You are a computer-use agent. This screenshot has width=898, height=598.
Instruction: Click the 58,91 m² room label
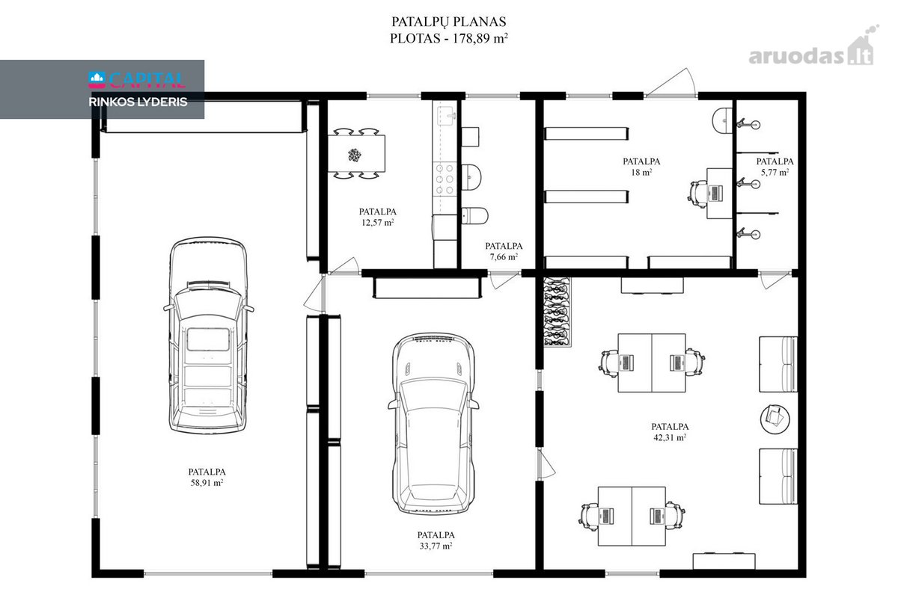pyautogui.click(x=207, y=478)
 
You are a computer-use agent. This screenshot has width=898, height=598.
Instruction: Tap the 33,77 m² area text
pyautogui.click(x=436, y=540)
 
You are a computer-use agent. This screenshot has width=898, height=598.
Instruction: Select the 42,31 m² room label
pyautogui.click(x=670, y=432)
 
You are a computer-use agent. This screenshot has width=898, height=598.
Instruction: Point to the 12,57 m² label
pyautogui.click(x=378, y=217)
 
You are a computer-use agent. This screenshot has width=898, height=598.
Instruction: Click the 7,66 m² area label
pyautogui.click(x=504, y=251)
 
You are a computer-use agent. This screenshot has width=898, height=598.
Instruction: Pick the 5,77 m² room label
pyautogui.click(x=775, y=167)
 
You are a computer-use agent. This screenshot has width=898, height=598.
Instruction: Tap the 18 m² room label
pyautogui.click(x=641, y=167)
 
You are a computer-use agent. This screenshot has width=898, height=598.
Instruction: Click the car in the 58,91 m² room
pyautogui.click(x=208, y=336)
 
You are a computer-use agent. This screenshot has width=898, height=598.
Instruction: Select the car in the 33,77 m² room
pyautogui.click(x=433, y=423)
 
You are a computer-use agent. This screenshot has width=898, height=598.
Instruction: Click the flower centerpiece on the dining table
pyautogui.click(x=355, y=155)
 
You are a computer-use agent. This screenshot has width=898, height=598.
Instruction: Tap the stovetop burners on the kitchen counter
pyautogui.click(x=445, y=179)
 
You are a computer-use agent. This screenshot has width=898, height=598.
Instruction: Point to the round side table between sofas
pyautogui.click(x=775, y=419)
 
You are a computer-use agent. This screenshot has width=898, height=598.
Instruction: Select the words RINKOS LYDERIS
pyautogui.click(x=138, y=102)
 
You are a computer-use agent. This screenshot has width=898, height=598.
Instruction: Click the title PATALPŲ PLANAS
pyautogui.click(x=448, y=22)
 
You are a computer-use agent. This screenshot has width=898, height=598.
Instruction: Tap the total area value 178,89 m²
pyautogui.click(x=480, y=38)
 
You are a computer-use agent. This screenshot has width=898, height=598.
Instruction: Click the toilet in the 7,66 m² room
pyautogui.click(x=475, y=216)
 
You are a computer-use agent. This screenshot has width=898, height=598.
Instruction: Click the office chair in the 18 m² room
pyautogui.click(x=698, y=194)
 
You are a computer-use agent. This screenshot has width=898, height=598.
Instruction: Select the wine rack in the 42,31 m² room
pyautogui.click(x=557, y=312)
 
